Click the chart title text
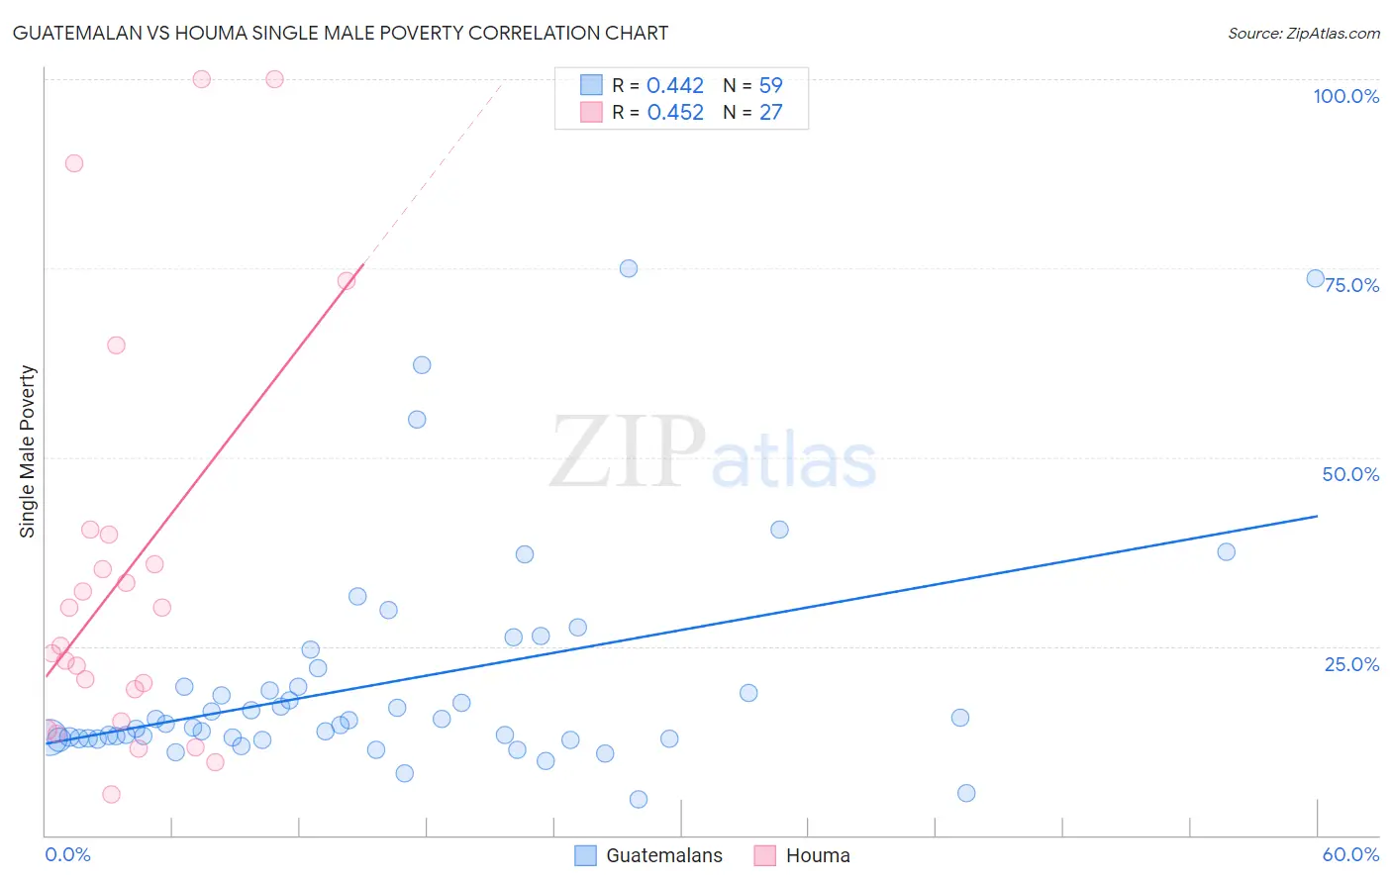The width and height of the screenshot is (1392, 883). click(340, 33)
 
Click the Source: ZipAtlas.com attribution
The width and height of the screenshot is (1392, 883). click(1303, 34)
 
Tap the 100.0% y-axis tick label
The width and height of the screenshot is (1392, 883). click(1345, 96)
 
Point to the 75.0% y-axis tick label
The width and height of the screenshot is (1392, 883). click(1351, 285)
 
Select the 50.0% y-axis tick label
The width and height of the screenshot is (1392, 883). click(1350, 474)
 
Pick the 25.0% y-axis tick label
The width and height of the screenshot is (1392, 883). click(1351, 664)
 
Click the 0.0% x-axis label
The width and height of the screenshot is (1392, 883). click(67, 854)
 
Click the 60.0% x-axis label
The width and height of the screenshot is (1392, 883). click(1350, 854)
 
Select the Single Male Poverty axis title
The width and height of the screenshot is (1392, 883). click(28, 451)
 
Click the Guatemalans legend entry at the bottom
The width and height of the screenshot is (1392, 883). click(663, 855)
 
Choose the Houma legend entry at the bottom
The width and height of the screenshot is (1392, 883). click(817, 855)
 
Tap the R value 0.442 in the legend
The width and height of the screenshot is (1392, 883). click(675, 86)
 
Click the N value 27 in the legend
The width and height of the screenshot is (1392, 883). click(770, 113)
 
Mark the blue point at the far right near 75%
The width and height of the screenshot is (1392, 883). click(1315, 278)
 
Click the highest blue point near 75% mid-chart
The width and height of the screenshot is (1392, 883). click(628, 268)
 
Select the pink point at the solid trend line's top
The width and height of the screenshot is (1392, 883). click(347, 280)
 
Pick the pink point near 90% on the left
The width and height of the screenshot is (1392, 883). click(74, 163)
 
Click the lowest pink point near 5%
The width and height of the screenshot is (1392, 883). click(111, 794)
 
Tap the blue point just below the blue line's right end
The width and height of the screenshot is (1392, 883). click(1226, 551)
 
